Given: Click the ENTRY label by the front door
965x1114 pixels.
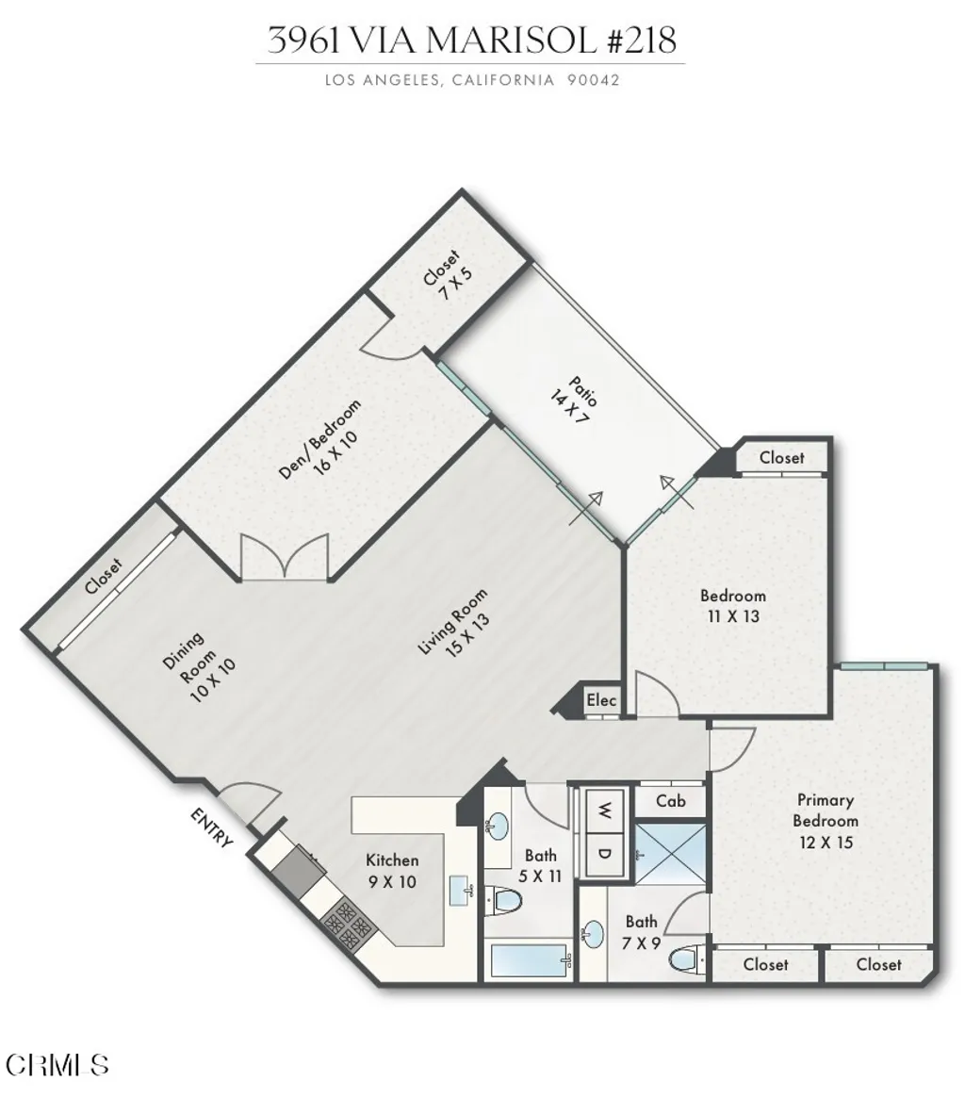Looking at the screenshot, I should (212, 827).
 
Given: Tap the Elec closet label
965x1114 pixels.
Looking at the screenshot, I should (601, 700).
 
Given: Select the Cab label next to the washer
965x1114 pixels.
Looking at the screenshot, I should (670, 801).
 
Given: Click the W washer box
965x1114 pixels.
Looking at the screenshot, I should (603, 808).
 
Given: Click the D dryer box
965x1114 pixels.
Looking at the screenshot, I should (603, 853).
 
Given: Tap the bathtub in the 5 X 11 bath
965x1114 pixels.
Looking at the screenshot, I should (531, 962).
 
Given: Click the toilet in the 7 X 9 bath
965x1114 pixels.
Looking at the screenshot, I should (686, 961).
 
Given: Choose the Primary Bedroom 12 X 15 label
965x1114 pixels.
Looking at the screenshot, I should (826, 821).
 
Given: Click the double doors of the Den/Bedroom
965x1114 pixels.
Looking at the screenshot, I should (284, 557).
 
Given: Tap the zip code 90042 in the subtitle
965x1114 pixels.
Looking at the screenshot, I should (593, 80).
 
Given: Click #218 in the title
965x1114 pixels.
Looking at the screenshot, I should (639, 41).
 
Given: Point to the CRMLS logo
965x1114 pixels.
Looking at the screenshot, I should (57, 1065).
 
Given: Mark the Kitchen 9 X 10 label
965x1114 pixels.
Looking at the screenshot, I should (391, 871).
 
